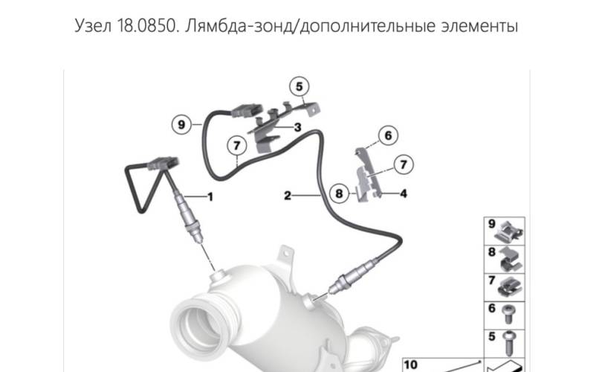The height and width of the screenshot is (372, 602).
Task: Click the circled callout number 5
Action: pos(299,87)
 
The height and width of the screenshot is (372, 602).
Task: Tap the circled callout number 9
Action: pos(181,124)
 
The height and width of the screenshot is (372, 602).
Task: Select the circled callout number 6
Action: pos(388,135)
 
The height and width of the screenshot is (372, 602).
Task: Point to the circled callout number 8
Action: pos(339,193)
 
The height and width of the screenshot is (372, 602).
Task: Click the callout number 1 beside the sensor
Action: pos(210,196)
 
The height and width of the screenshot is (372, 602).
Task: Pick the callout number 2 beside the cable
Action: pos(288,196)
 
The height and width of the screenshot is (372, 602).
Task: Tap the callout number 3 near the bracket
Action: pos(297,127)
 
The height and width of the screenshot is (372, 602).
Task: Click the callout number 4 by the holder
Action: pos(403,193)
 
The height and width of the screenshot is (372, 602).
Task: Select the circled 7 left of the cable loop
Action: pos(236,146)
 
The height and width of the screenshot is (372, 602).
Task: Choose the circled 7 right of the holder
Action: pos(403,165)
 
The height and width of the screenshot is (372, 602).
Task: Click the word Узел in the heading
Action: pos(93,26)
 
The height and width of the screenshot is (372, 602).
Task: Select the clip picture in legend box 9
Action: pos(508,232)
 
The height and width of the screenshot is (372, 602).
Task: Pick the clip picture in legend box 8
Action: pos(511,260)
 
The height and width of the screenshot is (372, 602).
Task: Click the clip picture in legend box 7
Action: pos(510,287)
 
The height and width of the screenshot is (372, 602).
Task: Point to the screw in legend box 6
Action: pos(508,314)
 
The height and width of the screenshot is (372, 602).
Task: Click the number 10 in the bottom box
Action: pos(410,365)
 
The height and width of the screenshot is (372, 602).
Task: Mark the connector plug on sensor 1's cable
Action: pos(163,164)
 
